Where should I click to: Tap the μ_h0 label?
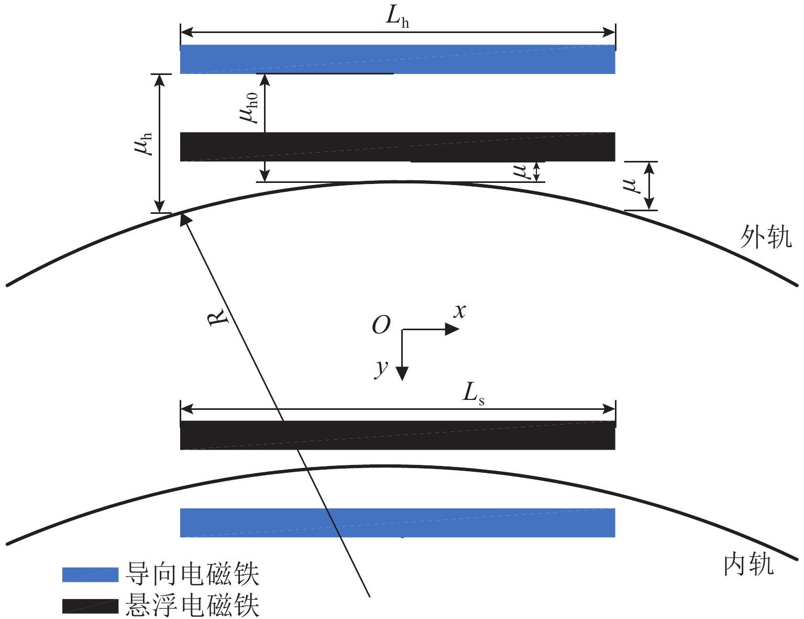click(x=249, y=107)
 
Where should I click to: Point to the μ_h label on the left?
click(x=143, y=143)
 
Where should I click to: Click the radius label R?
click(x=219, y=317)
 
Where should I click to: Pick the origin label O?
click(x=381, y=325)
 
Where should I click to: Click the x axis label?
click(x=459, y=311)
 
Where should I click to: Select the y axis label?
click(x=381, y=368)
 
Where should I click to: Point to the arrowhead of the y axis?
click(x=402, y=373)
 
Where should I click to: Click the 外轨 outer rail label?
click(x=765, y=237)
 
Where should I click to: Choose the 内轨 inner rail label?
click(x=748, y=565)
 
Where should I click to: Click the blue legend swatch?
click(x=90, y=574)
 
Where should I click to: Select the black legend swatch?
click(x=90, y=606)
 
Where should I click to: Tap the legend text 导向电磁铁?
click(x=192, y=574)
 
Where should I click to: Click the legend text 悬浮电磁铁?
click(x=192, y=606)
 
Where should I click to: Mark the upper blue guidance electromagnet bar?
click(x=398, y=59)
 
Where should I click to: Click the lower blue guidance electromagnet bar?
click(x=398, y=523)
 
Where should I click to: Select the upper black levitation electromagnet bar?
click(x=398, y=147)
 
